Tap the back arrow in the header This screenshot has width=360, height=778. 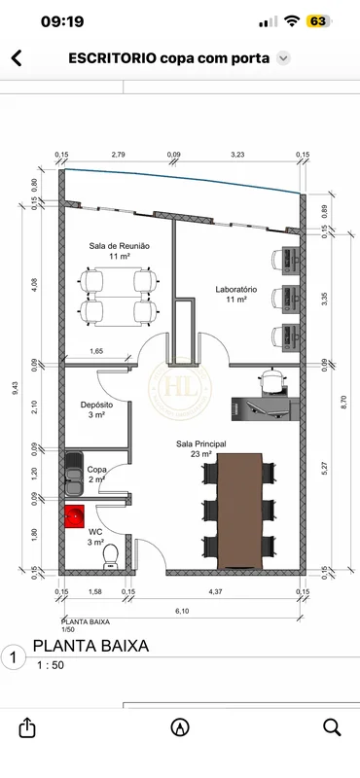click(17, 58)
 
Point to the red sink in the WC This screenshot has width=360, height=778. click(75, 517)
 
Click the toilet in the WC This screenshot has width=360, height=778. click(110, 556)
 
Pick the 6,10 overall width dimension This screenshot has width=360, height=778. click(182, 612)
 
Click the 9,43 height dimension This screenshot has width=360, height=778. click(16, 388)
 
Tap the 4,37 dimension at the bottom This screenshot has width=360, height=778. click(214, 591)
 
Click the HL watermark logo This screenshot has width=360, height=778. click(180, 388)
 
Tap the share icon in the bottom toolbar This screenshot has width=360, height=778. click(26, 726)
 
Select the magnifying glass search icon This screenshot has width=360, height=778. click(332, 727)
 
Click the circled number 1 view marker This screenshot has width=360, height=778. click(13, 658)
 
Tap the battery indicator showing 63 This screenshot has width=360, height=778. click(318, 21)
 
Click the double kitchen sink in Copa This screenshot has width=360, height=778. click(74, 474)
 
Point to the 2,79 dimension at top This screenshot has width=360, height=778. click(118, 155)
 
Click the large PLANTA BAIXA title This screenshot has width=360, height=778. click(90, 646)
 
